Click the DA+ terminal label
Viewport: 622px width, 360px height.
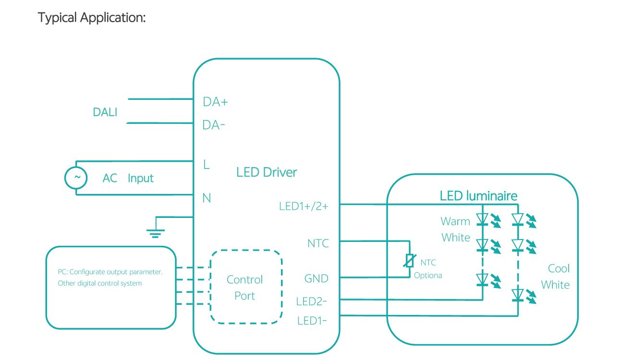tap(215, 102)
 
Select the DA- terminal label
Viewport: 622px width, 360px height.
tap(214, 125)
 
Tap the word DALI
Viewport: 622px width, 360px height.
tap(105, 112)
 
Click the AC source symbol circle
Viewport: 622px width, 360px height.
tap(76, 178)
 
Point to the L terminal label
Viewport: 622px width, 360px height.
tap(207, 165)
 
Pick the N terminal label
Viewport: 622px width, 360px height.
tap(207, 198)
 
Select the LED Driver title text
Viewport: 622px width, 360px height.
tap(267, 172)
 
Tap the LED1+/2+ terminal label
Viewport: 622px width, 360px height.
tap(304, 206)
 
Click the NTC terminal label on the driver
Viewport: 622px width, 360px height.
tap(318, 243)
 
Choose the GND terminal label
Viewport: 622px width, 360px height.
tap(317, 278)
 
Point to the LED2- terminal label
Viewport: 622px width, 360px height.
tap(312, 302)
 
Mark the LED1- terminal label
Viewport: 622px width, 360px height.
tap(312, 320)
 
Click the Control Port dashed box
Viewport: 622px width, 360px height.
tap(245, 288)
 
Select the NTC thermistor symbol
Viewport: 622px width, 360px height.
tap(409, 261)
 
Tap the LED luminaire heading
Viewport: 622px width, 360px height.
tap(478, 196)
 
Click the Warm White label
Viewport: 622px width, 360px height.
tap(455, 229)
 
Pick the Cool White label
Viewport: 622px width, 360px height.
tap(556, 276)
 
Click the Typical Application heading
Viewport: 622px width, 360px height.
tap(92, 18)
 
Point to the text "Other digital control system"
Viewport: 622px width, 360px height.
tap(100, 283)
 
